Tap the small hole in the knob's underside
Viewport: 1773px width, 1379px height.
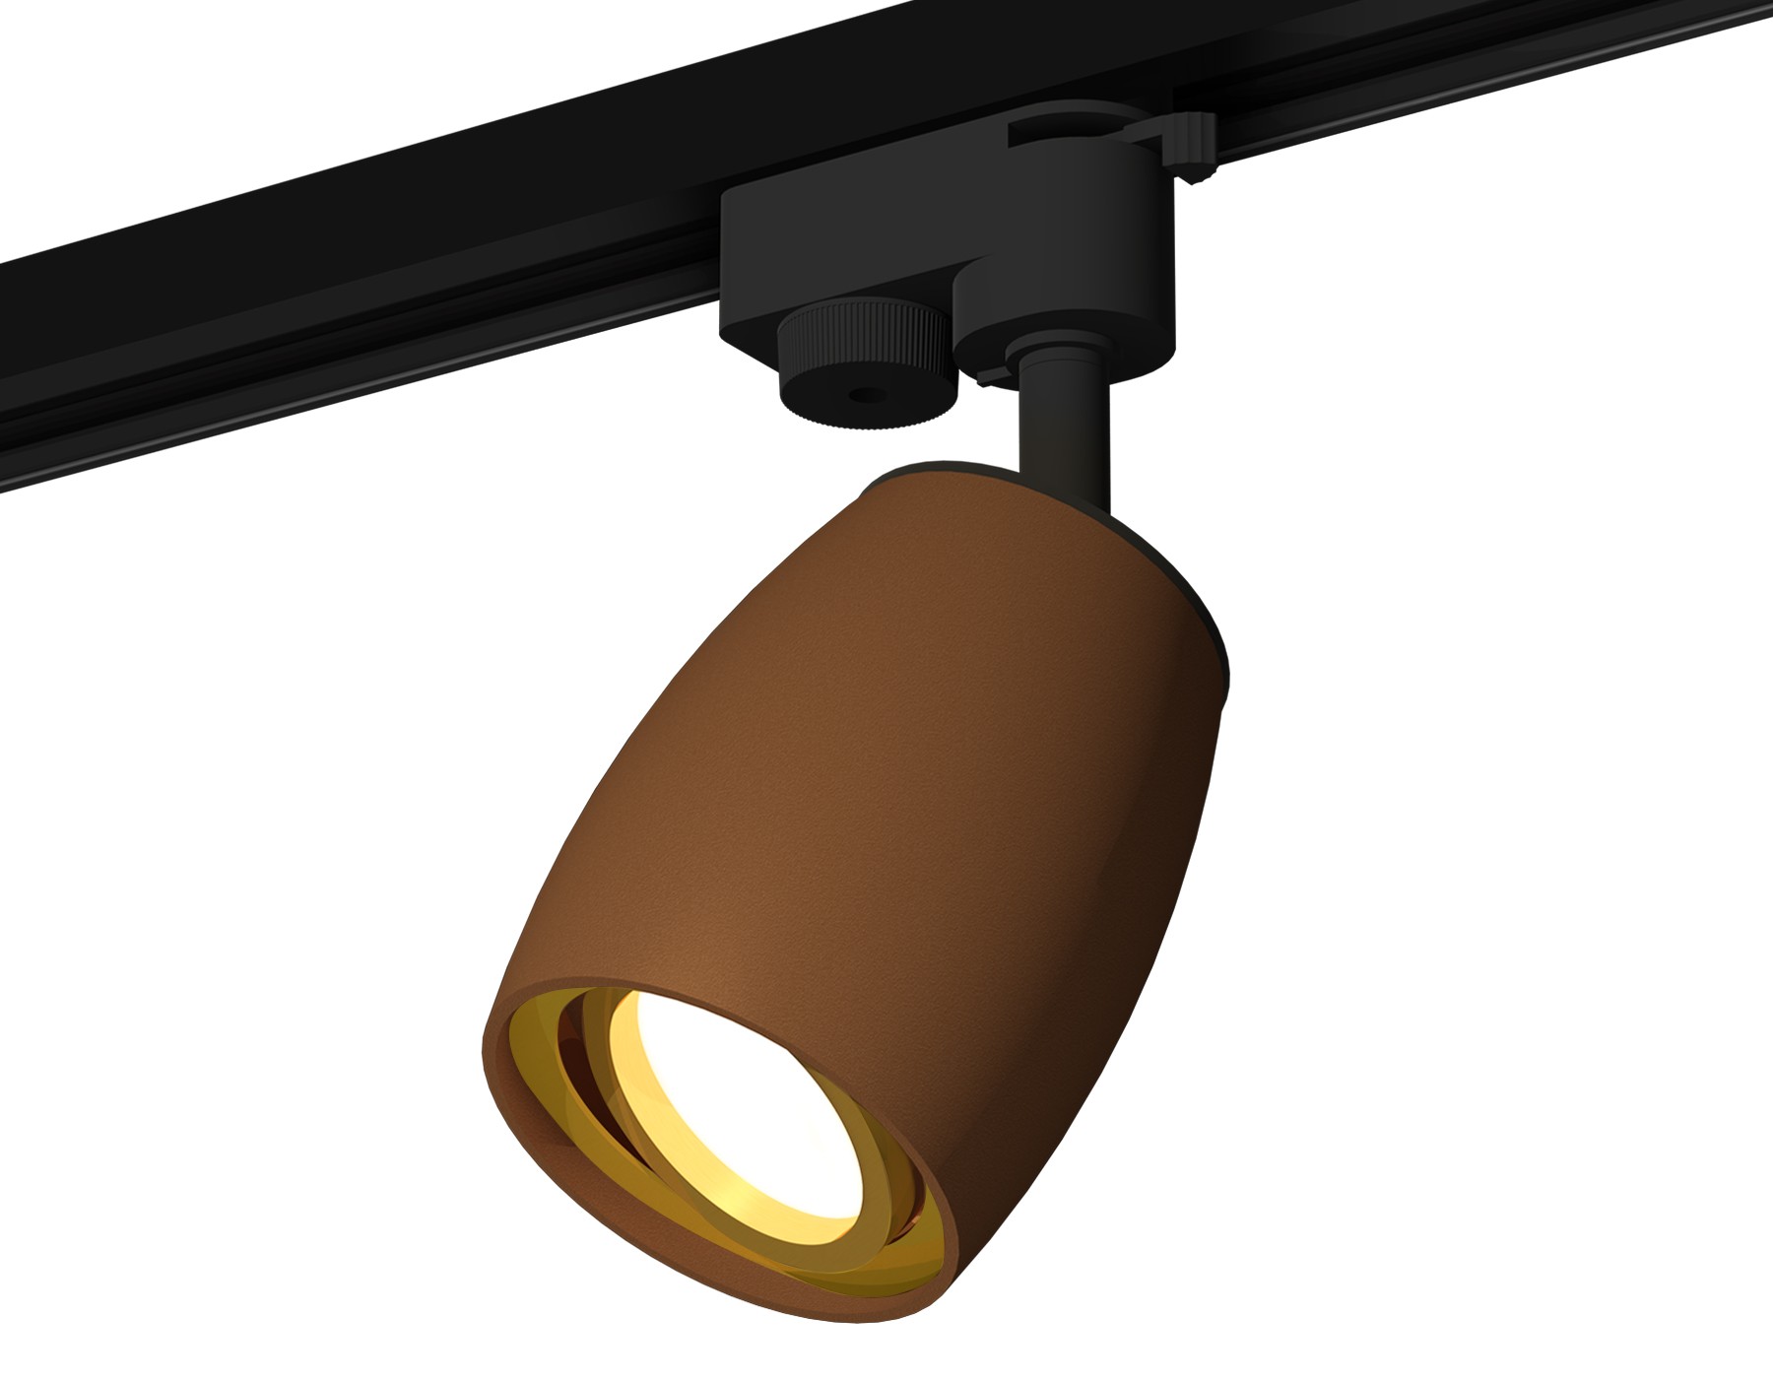(x=866, y=396)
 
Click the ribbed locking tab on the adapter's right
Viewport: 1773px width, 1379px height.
(x=1192, y=148)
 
